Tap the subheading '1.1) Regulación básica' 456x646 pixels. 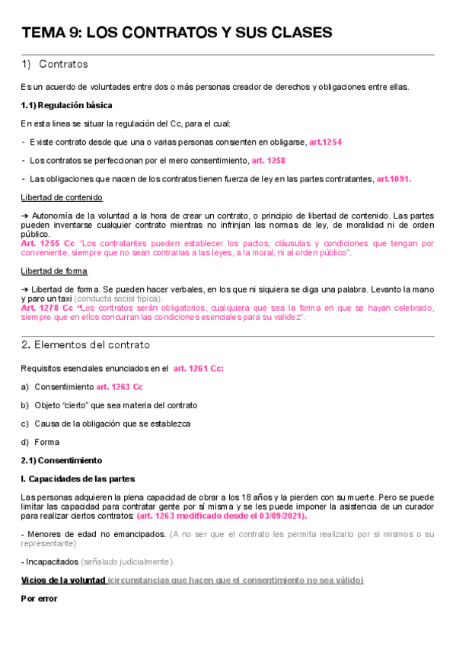(66, 105)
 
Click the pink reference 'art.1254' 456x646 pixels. (325, 142)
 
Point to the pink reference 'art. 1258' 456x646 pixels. (269, 161)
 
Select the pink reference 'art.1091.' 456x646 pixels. (394, 179)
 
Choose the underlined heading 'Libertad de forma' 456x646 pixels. (53, 270)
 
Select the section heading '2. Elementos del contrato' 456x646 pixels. (85, 345)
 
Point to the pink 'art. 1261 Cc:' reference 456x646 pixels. (199, 369)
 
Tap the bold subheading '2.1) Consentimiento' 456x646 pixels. (60, 460)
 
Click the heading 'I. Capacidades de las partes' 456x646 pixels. (78, 478)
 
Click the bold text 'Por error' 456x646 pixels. (39, 598)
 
